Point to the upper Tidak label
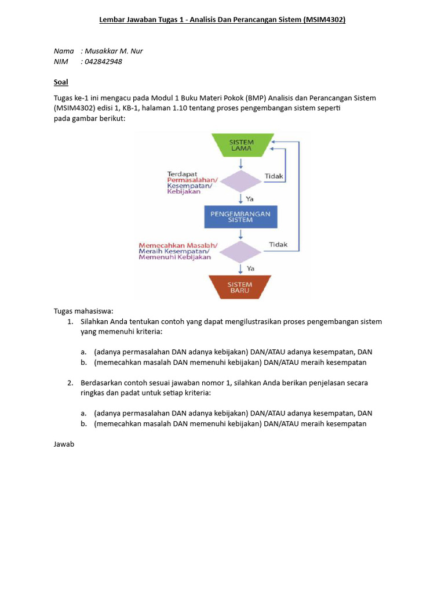(x=274, y=176)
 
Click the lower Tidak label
(x=278, y=244)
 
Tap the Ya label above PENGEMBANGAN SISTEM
(x=250, y=198)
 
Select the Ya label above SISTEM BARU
(x=250, y=268)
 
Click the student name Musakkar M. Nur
(x=114, y=51)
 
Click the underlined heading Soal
(x=61, y=82)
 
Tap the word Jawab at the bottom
(x=64, y=444)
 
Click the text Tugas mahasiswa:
(x=83, y=310)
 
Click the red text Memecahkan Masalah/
(x=178, y=245)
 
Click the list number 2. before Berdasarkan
(x=70, y=383)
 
